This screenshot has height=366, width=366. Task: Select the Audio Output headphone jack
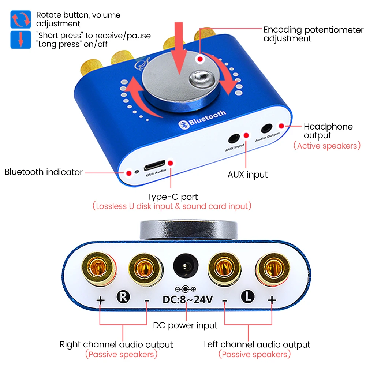pyautogui.click(x=266, y=129)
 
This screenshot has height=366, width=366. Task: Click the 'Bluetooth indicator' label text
pyautogui.click(x=44, y=172)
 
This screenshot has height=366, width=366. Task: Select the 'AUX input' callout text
pyautogui.click(x=247, y=175)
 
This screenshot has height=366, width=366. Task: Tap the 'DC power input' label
pyautogui.click(x=185, y=325)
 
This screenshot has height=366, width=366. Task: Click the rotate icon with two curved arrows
pyautogui.click(x=20, y=19)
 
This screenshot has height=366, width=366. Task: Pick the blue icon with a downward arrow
pyautogui.click(x=20, y=40)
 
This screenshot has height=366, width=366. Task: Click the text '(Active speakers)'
pyautogui.click(x=327, y=146)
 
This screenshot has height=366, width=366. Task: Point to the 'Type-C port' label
pyautogui.click(x=172, y=197)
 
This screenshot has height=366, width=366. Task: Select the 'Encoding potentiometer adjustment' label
pyautogui.click(x=313, y=34)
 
